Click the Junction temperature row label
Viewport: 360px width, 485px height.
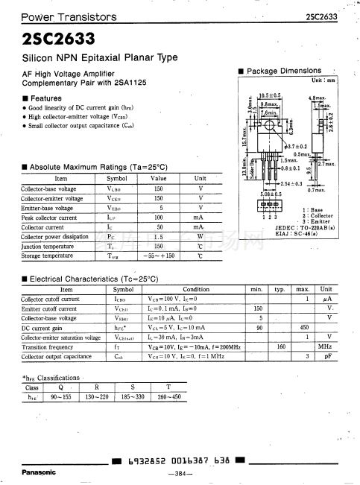[48, 246]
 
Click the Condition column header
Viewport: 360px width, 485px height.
[196, 289]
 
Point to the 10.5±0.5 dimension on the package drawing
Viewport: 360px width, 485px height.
[269, 96]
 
